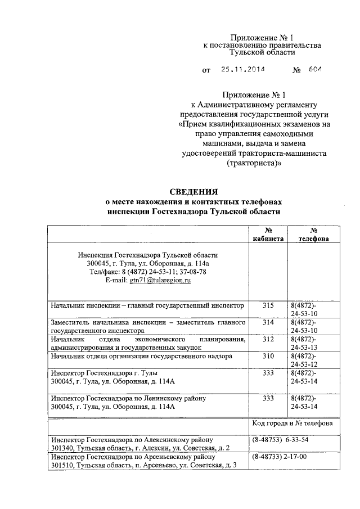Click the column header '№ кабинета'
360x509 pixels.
coord(268,235)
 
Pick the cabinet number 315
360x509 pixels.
coord(268,305)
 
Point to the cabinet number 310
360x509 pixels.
coord(268,356)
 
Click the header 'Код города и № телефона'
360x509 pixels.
coord(292,423)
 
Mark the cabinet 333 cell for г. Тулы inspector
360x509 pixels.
coord(268,373)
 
